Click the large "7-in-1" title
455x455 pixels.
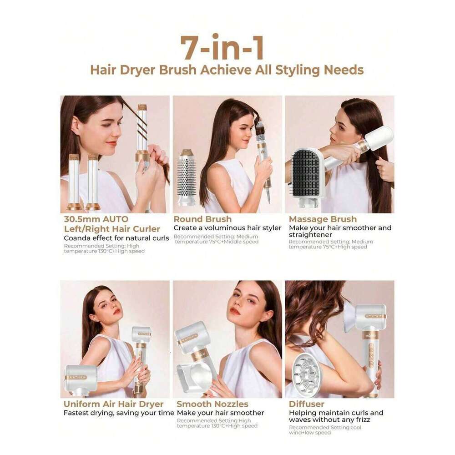(222, 48)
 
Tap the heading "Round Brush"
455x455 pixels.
(202, 219)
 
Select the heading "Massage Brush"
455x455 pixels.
(323, 219)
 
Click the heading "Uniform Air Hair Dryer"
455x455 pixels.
(113, 404)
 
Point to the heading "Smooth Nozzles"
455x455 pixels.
(212, 404)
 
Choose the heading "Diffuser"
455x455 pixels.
(307, 404)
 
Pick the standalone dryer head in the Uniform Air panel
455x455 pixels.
(81, 380)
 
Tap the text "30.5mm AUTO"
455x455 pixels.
(96, 219)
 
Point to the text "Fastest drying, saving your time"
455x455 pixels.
(119, 413)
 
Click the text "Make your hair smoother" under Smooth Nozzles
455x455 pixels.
(221, 413)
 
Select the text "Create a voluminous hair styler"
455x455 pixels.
(227, 228)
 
